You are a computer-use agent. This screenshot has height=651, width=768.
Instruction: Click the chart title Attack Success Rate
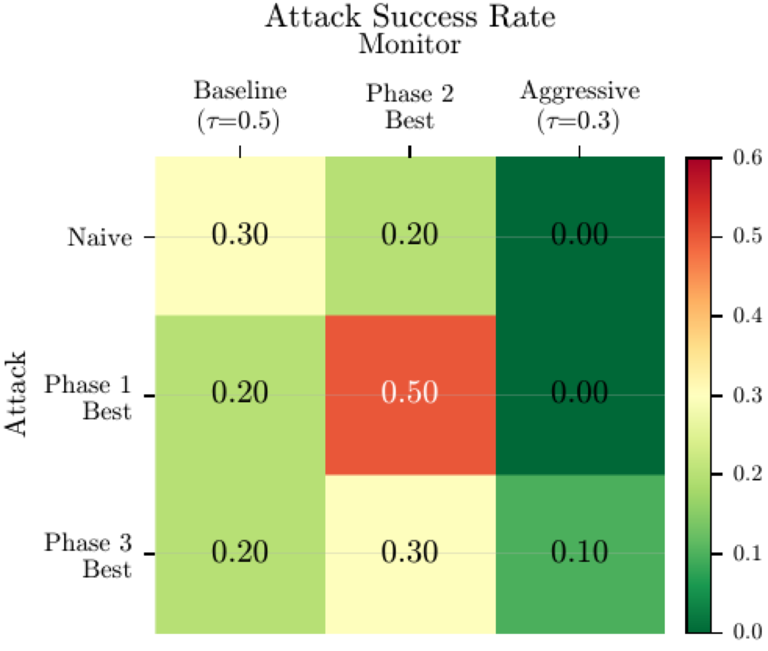pyautogui.click(x=410, y=16)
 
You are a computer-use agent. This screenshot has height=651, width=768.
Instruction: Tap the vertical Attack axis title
pyautogui.click(x=16, y=394)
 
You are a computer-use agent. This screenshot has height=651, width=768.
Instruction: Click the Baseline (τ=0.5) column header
pyautogui.click(x=240, y=105)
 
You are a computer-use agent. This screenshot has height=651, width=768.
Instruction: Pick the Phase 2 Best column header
pyautogui.click(x=410, y=106)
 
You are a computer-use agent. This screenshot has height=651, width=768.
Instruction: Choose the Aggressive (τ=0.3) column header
pyautogui.click(x=580, y=105)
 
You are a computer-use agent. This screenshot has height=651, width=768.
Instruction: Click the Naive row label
pyautogui.click(x=100, y=237)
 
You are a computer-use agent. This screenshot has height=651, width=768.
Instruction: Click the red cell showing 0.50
pyautogui.click(x=410, y=393)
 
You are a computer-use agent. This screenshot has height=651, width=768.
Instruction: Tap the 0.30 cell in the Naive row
pyautogui.click(x=240, y=235)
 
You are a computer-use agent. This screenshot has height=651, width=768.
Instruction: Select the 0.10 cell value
pyautogui.click(x=580, y=552)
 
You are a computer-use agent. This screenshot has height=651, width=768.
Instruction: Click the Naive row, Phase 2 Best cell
pyautogui.click(x=410, y=235)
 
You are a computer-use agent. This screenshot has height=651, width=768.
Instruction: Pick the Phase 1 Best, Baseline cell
pyautogui.click(x=240, y=393)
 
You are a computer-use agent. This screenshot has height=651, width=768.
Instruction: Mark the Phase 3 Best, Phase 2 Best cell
pyautogui.click(x=410, y=552)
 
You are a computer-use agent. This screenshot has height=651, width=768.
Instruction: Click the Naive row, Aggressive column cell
pyautogui.click(x=580, y=235)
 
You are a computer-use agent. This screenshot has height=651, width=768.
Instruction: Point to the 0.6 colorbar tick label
pyautogui.click(x=747, y=158)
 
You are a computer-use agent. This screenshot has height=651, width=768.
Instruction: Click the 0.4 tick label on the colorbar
pyautogui.click(x=747, y=316)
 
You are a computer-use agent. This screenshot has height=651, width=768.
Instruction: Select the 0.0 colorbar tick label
pyautogui.click(x=747, y=632)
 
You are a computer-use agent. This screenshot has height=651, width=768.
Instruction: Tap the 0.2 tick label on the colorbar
pyautogui.click(x=747, y=474)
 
